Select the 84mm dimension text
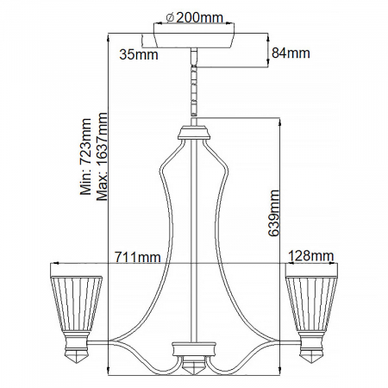[x=291, y=54]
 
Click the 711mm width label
[x=137, y=256]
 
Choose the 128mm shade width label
[x=310, y=255]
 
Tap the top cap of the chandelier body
[x=193, y=134]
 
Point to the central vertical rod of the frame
[x=193, y=241]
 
